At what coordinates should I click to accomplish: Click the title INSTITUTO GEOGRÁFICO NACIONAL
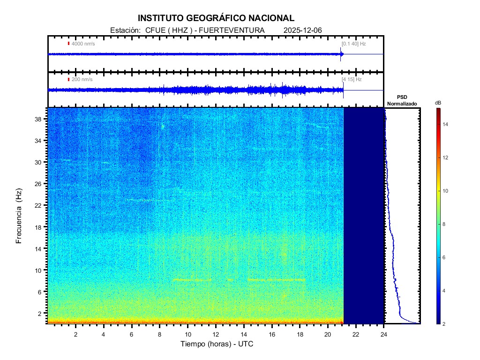coord(216,18)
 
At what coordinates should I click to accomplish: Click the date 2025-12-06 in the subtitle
coord(303,30)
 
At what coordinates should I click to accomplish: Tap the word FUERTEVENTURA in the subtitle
coord(232,30)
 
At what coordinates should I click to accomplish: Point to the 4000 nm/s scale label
coord(83,44)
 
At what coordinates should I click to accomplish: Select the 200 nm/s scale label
coord(82,80)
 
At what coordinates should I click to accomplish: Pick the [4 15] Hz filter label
coord(352,80)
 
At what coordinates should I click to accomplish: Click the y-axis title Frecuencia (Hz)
coord(19,216)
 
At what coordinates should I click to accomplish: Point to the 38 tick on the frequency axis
coord(38,119)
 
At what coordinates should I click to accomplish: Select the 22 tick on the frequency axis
coord(38,205)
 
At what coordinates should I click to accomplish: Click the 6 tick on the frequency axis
coord(39,292)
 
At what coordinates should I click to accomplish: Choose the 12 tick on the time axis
coord(216,334)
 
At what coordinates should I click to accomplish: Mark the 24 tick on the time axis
coord(384,334)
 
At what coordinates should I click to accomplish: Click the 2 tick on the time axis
coord(75,334)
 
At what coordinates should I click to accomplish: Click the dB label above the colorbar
coord(438,103)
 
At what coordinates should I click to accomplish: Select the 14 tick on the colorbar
coord(446,124)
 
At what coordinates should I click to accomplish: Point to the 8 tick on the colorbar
coord(445,225)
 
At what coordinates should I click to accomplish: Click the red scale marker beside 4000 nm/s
coord(68,44)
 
